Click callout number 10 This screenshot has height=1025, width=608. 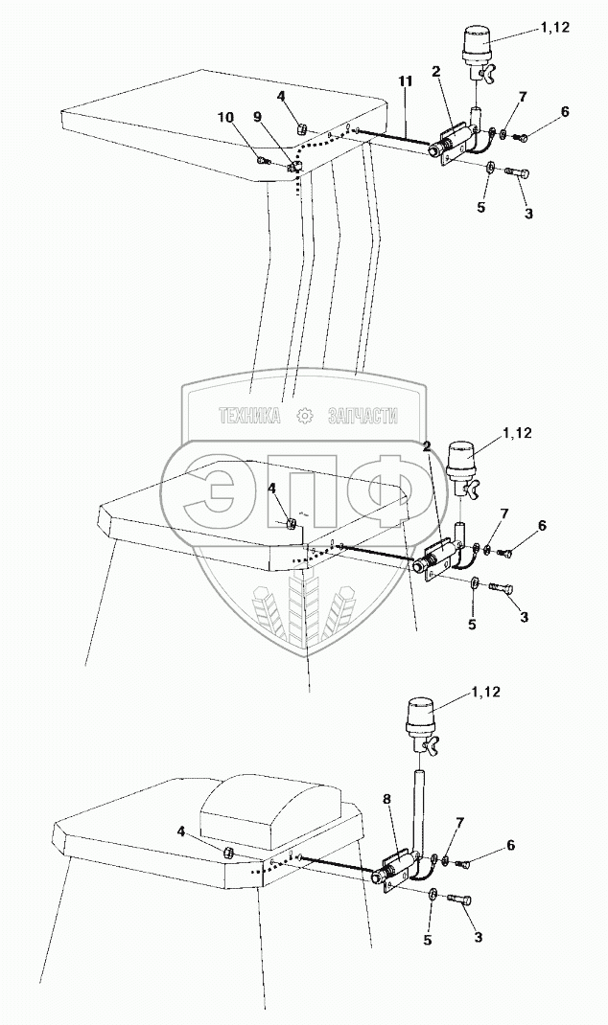tap(226, 118)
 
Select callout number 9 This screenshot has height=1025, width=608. tap(258, 116)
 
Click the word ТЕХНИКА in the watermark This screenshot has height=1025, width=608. tap(249, 416)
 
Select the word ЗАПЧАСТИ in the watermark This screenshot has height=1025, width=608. tap(362, 416)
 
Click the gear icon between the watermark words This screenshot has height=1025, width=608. tap(305, 416)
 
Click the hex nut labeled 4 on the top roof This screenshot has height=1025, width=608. tap(298, 127)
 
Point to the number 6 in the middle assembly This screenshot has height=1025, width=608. tap(542, 526)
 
